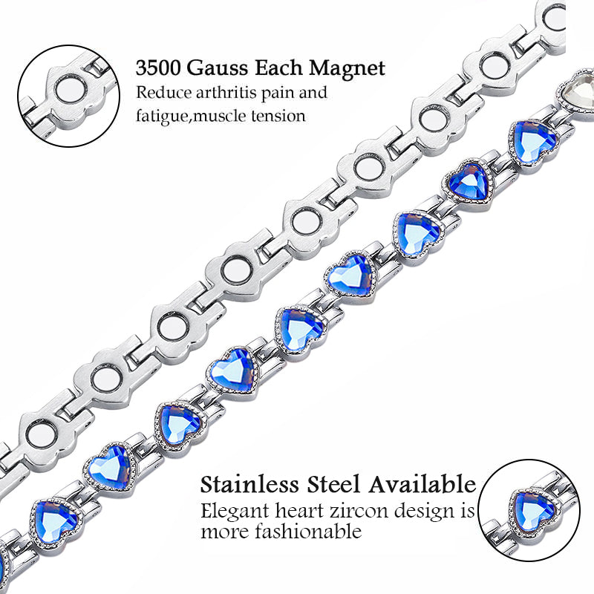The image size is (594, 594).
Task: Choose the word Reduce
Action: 160,94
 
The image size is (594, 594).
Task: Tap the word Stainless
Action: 248,485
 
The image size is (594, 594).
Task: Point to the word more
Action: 223,532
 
